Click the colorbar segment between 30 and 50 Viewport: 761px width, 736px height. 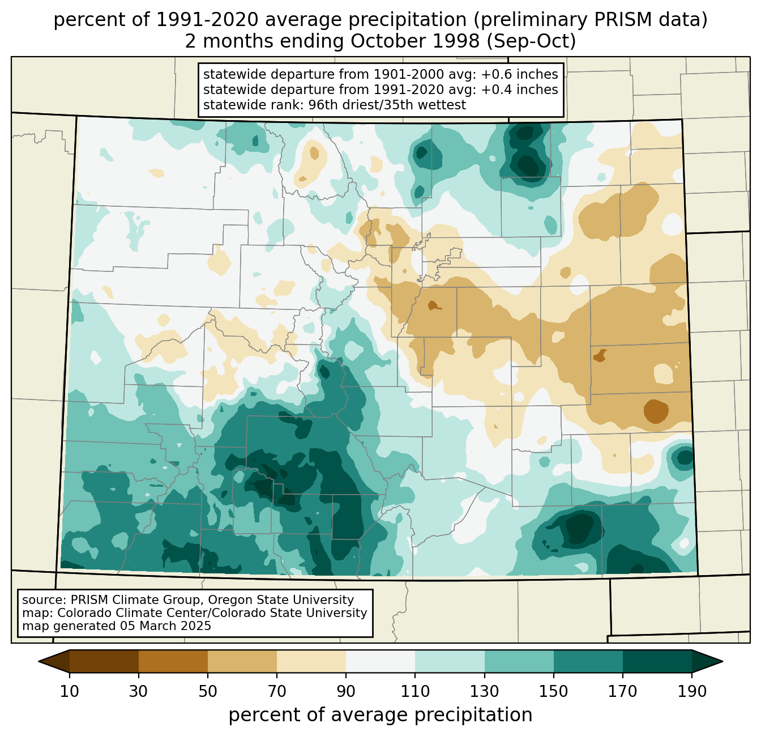pyautogui.click(x=173, y=661)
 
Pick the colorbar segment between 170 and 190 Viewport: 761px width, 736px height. pyautogui.click(x=657, y=661)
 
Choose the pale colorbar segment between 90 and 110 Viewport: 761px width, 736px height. pyautogui.click(x=380, y=661)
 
